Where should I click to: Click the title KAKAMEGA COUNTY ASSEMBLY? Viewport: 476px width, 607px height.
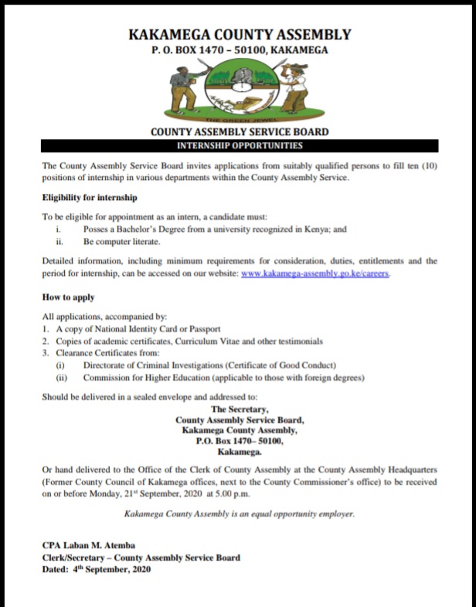pyautogui.click(x=239, y=35)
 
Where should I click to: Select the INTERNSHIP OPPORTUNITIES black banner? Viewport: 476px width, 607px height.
pyautogui.click(x=240, y=146)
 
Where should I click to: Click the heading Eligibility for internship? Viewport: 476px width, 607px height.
pyautogui.click(x=90, y=198)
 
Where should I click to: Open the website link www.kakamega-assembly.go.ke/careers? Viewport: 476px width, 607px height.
pyautogui.click(x=315, y=274)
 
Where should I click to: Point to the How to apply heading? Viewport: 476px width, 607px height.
pyautogui.click(x=69, y=297)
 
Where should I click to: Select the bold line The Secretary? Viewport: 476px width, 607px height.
pyautogui.click(x=240, y=409)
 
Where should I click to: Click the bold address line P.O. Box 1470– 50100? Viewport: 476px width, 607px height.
pyautogui.click(x=240, y=442)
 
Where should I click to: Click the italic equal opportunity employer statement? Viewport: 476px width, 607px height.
pyautogui.click(x=240, y=514)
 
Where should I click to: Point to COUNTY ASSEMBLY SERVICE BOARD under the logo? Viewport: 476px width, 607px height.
pyautogui.click(x=240, y=132)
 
